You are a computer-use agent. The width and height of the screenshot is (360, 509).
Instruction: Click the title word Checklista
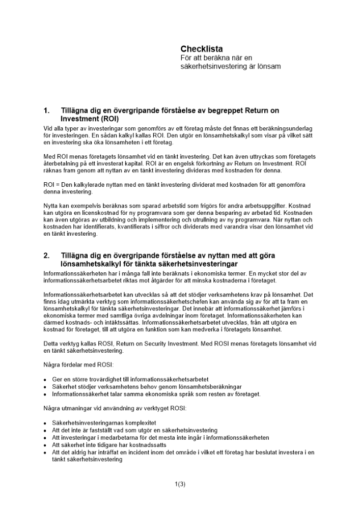[202, 49]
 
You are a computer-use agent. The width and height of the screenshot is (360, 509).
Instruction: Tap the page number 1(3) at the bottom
[180, 484]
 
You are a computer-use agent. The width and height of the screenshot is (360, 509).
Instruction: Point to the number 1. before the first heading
[47, 110]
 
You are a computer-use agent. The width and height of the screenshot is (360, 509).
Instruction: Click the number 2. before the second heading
[47, 256]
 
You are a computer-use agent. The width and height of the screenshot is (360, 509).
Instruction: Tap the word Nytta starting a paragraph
[51, 205]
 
